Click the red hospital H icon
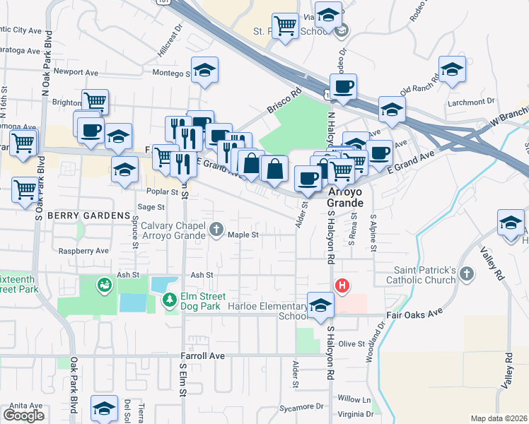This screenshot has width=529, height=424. coord(342,285)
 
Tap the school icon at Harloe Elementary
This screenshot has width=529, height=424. coord(320,305)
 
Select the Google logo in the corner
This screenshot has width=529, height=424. coord(23,416)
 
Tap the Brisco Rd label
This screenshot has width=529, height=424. coord(284,101)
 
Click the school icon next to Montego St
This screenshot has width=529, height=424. coord(204,70)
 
